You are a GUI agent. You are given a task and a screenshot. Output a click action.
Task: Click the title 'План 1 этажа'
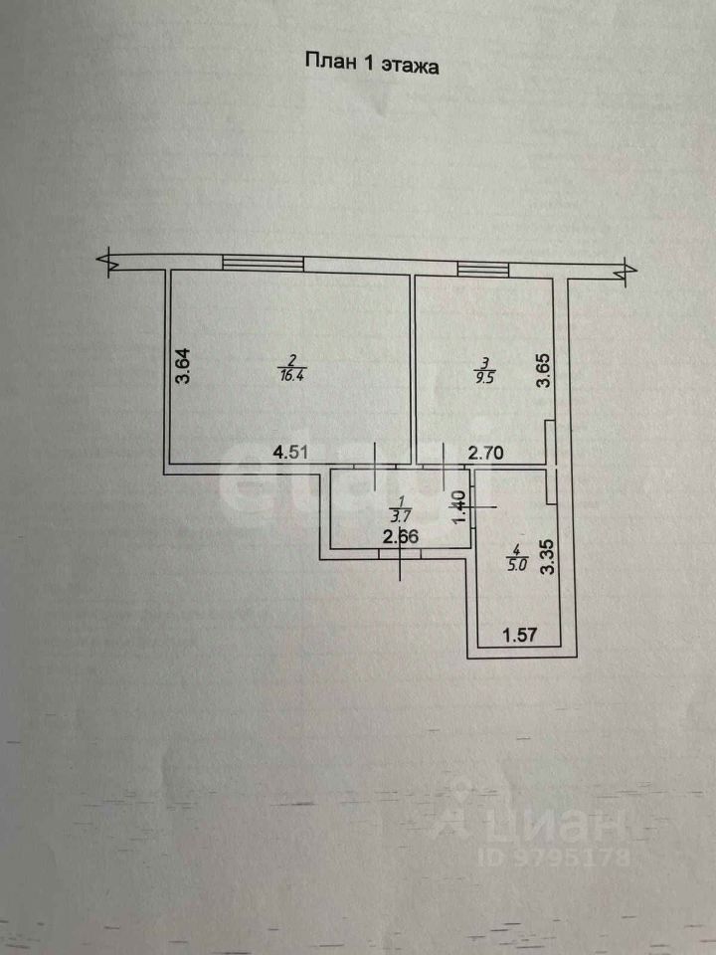371,63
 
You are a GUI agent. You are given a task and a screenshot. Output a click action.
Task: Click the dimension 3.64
182,365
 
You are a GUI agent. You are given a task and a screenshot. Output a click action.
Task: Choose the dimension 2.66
400,538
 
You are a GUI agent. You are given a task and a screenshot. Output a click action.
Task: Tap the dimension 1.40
458,508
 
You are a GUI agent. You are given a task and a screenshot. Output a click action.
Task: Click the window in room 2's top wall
263,263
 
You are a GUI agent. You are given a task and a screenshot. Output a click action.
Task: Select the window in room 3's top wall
482,269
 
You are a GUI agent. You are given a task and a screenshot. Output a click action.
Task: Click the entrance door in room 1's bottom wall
399,554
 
